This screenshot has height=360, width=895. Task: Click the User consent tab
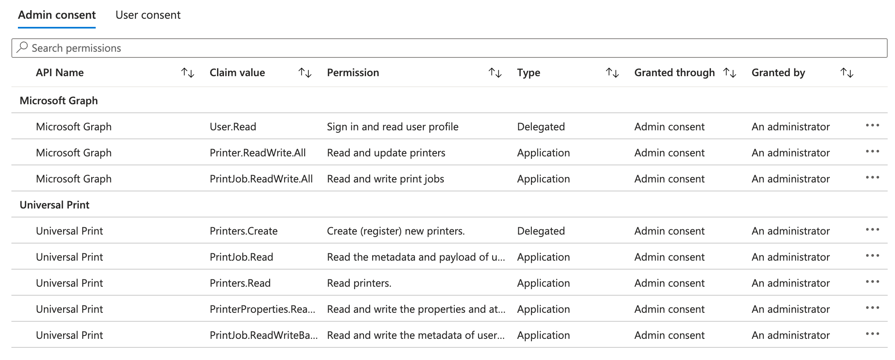[148, 15]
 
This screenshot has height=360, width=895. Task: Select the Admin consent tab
[57, 15]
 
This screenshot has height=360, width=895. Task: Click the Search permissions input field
[448, 48]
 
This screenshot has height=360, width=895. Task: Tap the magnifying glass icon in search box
[22, 48]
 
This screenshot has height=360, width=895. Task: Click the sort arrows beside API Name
[188, 73]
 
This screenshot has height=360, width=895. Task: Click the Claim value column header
[237, 73]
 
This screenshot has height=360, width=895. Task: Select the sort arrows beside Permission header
[495, 73]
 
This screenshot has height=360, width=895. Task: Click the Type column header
[529, 73]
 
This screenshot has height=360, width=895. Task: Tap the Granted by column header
[778, 73]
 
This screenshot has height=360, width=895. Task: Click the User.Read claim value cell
[233, 127]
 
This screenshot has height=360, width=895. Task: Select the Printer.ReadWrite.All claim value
[257, 153]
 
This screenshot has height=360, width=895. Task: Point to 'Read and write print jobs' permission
[385, 179]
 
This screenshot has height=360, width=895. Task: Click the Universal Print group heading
[55, 205]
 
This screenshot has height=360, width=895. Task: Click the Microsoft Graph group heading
[59, 101]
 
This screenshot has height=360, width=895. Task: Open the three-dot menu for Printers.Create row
[872, 230]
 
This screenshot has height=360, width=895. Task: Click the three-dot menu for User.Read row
[872, 125]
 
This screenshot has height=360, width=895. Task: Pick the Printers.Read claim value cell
[240, 283]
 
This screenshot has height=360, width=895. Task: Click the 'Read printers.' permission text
[359, 283]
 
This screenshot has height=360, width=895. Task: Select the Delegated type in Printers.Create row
[541, 231]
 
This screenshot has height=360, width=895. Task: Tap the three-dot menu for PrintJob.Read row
[872, 256]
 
